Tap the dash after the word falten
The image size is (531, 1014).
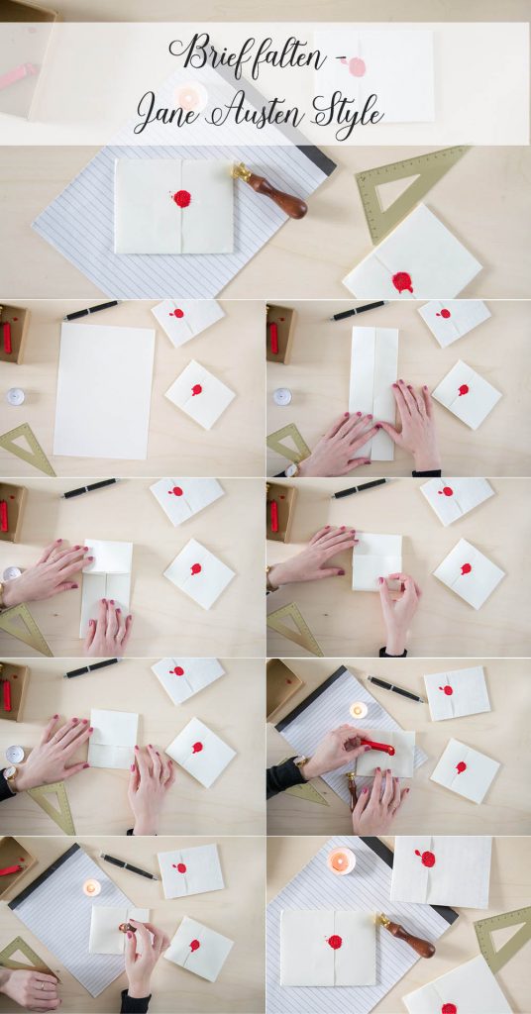click(342, 58)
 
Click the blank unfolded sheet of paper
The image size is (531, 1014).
click(104, 390)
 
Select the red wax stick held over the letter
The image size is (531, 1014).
click(377, 747)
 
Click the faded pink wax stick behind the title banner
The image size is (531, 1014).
click(18, 75)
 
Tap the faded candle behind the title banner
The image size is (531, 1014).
click(190, 97)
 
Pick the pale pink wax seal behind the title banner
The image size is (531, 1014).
click(356, 66)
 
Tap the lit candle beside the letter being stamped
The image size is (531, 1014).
click(92, 887)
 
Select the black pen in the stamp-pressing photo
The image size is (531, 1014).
click(129, 866)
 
